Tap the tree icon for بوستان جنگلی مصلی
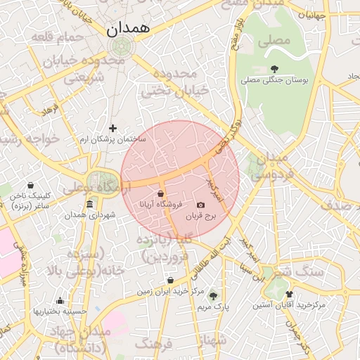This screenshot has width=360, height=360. coord(274,69)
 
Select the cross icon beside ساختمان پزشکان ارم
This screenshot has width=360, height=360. coord(112,128)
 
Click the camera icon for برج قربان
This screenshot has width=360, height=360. coord(201,205)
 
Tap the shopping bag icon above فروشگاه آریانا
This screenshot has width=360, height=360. coord(161,193)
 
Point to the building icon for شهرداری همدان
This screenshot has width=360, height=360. coord(89,205)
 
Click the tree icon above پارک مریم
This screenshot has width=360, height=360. coord(213,296)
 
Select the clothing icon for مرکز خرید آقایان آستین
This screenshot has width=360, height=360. coord(289,295)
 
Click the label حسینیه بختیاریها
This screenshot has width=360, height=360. coord(60,311)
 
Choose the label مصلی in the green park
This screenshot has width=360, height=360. coord(274,41)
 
